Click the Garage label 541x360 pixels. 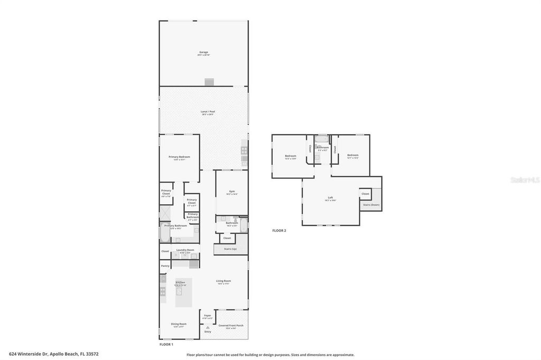203,52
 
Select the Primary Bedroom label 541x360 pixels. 179,157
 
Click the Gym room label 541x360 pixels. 232,192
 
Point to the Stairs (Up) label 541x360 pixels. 230,248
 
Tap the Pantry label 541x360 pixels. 165,266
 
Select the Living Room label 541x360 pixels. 223,281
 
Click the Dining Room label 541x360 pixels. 179,324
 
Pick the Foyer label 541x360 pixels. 208,316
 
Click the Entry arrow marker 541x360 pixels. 208,327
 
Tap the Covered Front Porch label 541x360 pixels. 230,326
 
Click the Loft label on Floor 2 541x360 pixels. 330,197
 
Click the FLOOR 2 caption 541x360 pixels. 278,231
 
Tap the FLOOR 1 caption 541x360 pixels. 166,344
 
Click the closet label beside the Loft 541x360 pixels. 365,194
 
